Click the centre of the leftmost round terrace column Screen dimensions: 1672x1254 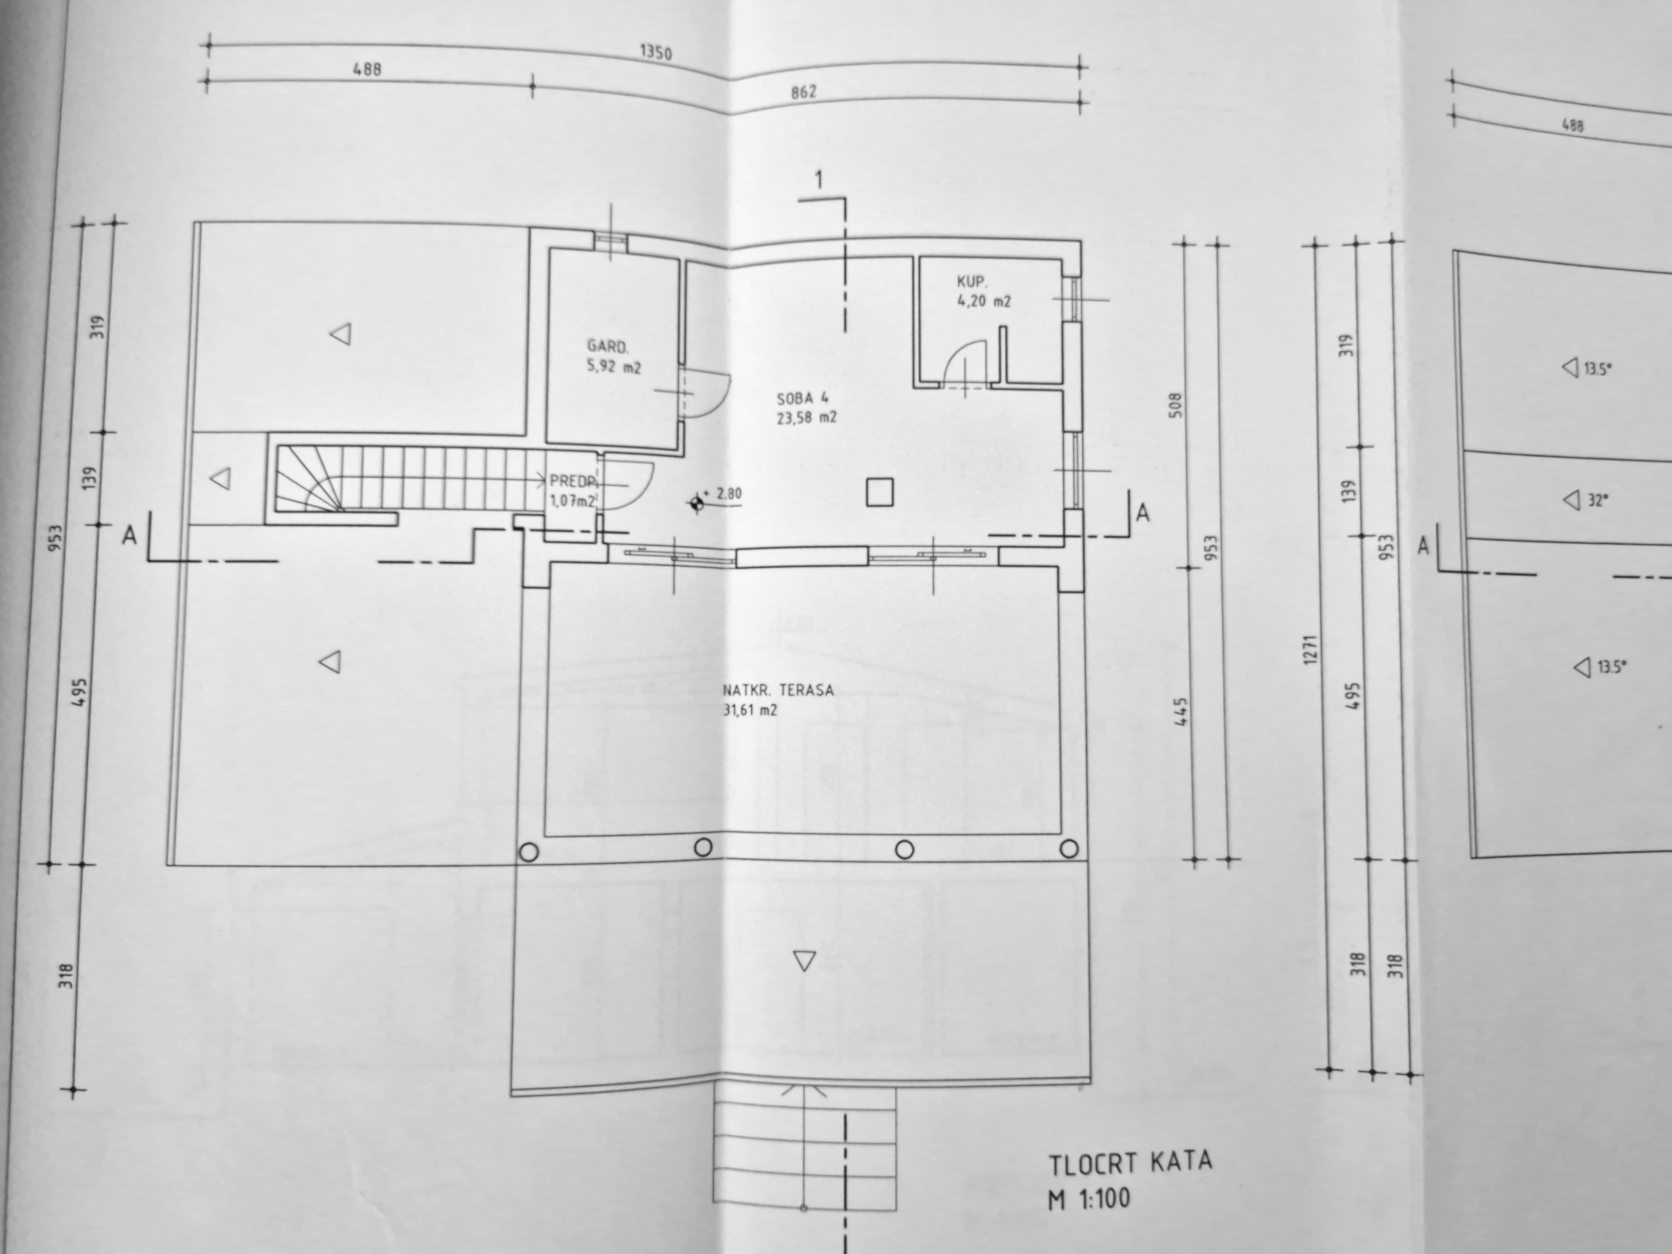[x=529, y=852]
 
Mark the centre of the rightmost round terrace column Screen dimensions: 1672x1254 [x=1069, y=848]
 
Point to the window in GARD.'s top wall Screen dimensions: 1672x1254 [x=611, y=240]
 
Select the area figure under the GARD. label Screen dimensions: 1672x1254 [x=614, y=367]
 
